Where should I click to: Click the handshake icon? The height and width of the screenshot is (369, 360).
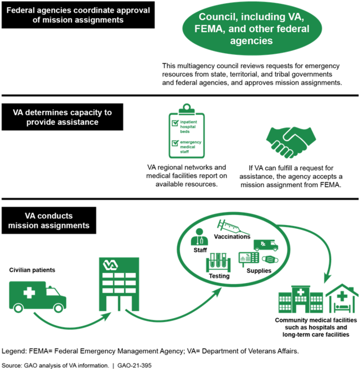[291, 142]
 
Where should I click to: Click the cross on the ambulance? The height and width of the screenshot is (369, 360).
[28, 293]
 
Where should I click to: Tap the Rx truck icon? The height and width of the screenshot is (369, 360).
[265, 244]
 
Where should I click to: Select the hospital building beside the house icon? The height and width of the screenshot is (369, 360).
[300, 300]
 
